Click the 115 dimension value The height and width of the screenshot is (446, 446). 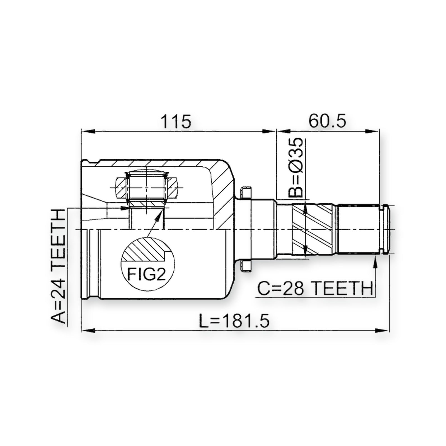pos(176,121)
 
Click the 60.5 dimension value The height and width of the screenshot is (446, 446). pos(327,121)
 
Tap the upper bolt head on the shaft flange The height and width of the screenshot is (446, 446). pos(246,192)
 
